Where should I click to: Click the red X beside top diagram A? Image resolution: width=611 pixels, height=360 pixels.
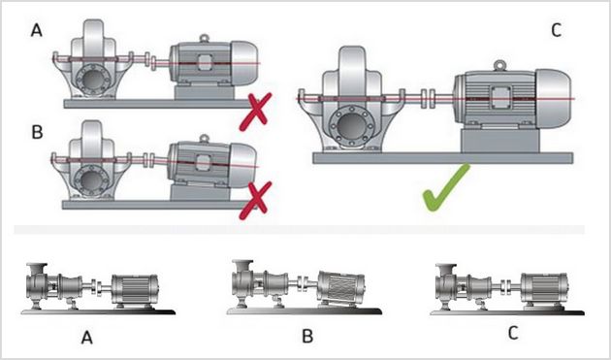pos(256,112)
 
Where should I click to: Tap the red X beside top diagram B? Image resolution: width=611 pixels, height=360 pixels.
pos(256,201)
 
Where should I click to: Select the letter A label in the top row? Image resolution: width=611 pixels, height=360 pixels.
pos(36,30)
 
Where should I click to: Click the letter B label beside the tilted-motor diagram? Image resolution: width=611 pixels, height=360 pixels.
pos(37,133)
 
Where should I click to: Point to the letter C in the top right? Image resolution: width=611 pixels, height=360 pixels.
pos(557,30)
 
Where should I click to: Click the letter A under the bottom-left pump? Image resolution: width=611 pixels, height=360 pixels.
pos(87,338)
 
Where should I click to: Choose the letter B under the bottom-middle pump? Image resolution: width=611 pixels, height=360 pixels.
pos(307,336)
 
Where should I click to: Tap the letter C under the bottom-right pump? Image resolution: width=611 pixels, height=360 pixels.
pos(513,333)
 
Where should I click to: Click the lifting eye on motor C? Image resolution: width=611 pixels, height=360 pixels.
pos(499,66)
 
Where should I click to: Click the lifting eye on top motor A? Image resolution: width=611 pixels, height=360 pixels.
pos(205,38)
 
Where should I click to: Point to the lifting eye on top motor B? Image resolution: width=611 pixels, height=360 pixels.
pos(205,138)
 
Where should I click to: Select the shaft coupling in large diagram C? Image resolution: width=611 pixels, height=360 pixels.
pos(429,99)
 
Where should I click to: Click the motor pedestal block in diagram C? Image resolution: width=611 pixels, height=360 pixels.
pos(499,141)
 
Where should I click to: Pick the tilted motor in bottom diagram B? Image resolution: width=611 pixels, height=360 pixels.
pos(341,288)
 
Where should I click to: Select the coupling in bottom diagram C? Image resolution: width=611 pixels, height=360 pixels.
pos(506,285)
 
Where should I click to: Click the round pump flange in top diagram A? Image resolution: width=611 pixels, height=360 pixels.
pos(93,80)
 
